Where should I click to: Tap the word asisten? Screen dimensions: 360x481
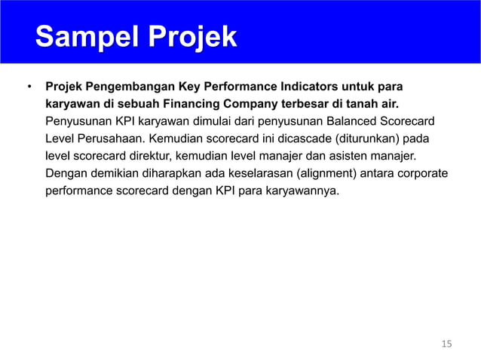354,156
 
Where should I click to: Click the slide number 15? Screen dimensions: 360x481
446,344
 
